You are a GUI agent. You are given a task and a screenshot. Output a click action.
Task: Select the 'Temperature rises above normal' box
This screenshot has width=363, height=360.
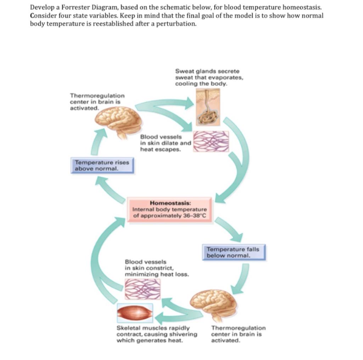tap(102, 165)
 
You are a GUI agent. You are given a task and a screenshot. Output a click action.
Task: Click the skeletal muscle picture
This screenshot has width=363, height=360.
tap(135, 313)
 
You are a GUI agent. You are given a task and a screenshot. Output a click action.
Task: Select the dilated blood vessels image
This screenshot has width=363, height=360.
tap(211, 141)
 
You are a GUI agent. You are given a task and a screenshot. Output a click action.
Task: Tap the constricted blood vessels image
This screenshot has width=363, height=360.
tap(142, 289)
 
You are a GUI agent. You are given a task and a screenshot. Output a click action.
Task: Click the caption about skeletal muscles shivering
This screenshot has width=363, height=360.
tap(157, 334)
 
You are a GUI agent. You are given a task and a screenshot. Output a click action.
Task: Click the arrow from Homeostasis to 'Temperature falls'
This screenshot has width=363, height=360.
tap(229, 228)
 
